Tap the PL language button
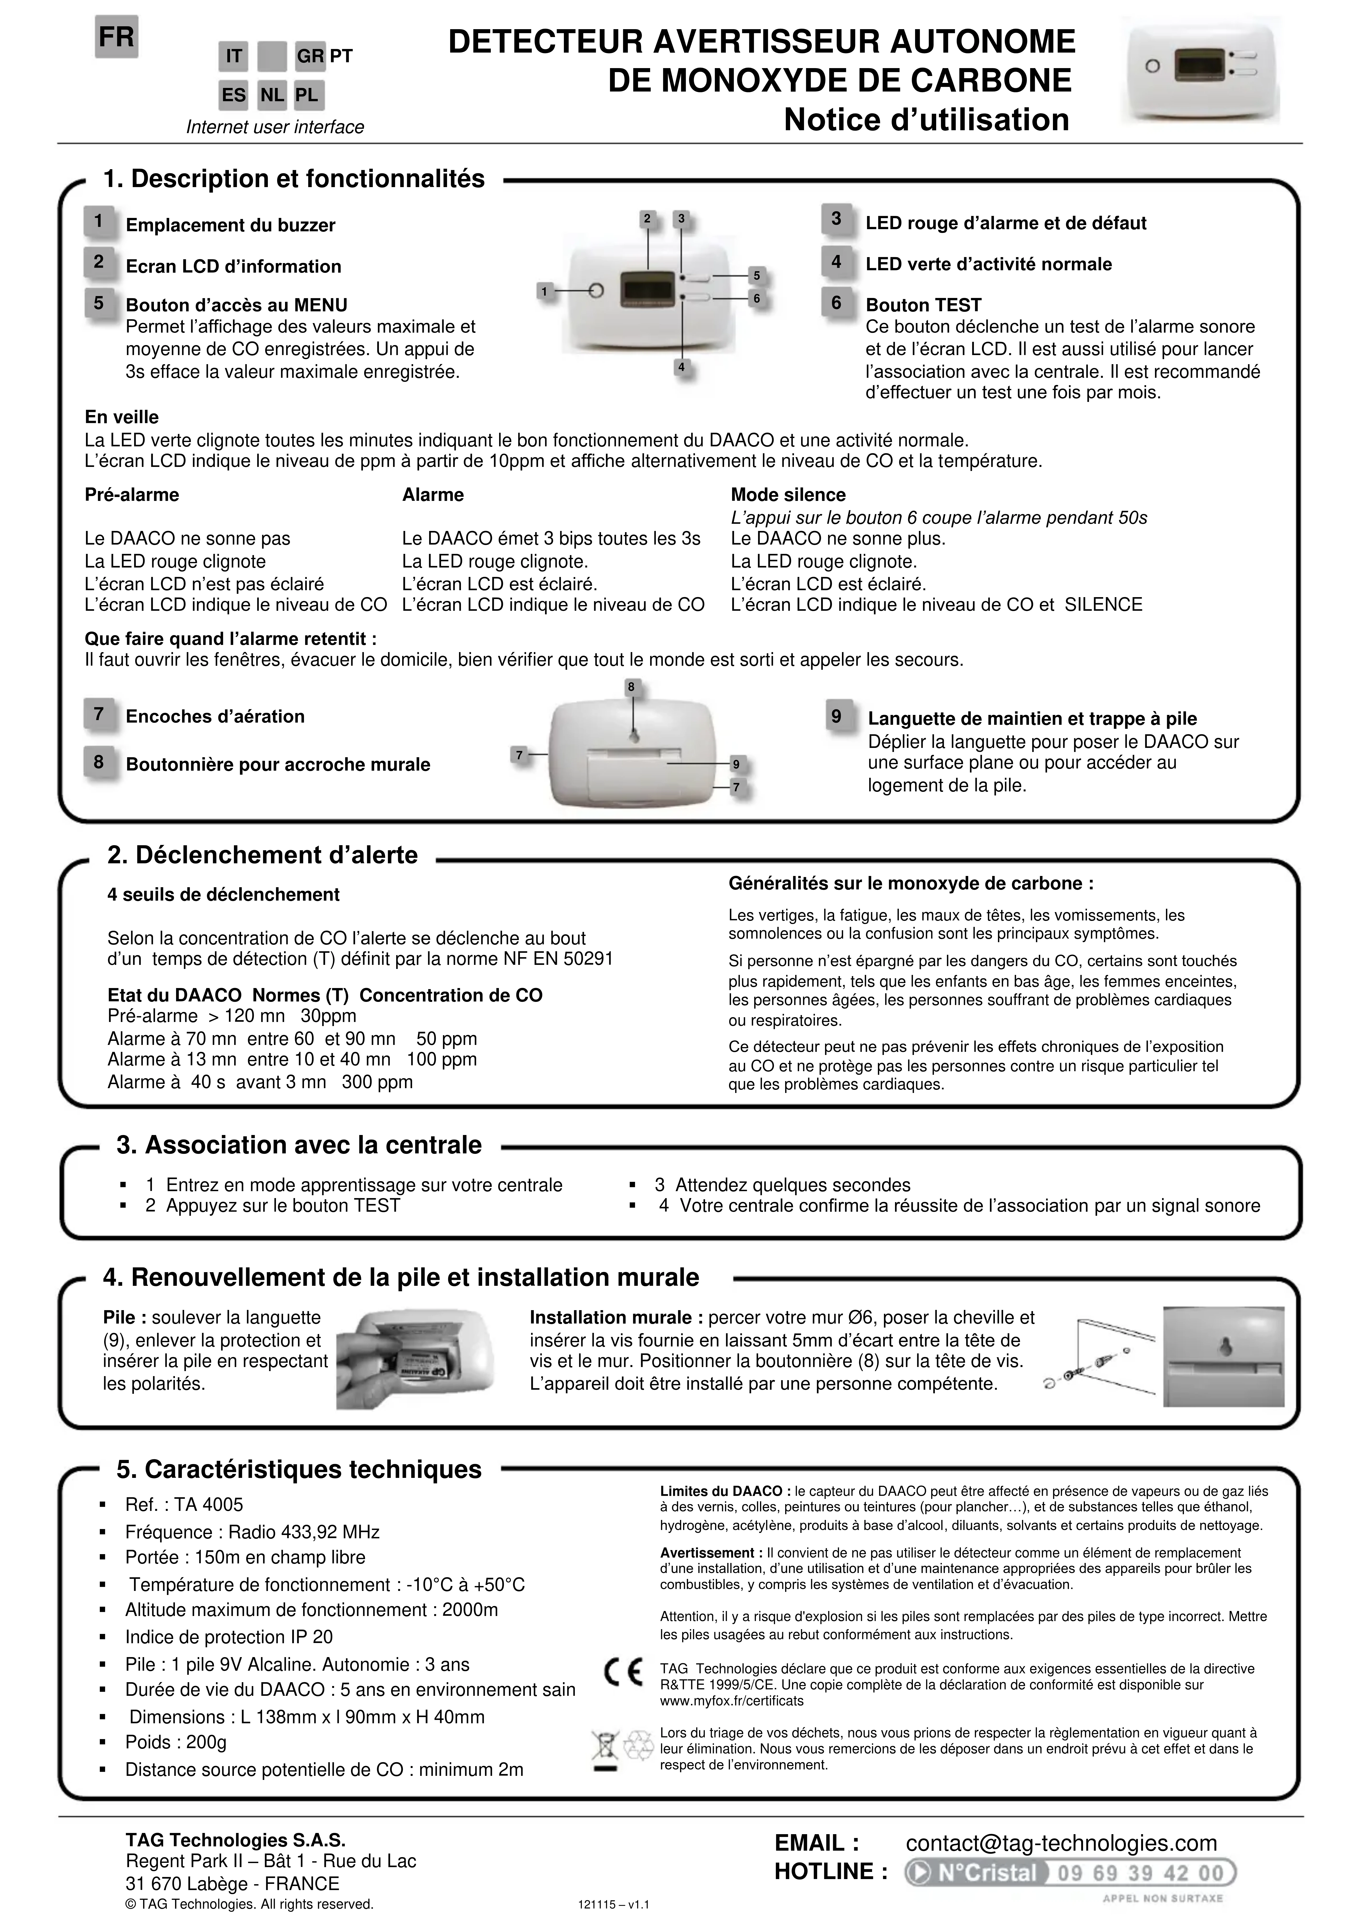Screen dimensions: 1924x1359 tap(307, 95)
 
